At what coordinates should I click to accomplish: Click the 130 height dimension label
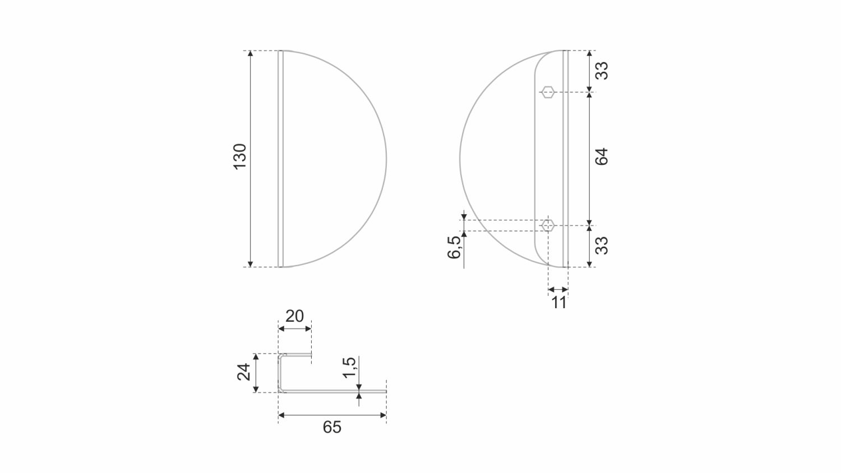click(x=240, y=156)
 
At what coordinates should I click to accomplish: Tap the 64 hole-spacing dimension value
click(x=602, y=156)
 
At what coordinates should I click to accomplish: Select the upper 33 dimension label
click(x=602, y=71)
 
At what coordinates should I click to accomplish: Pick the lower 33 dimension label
click(x=602, y=245)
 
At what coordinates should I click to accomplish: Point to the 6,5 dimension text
click(x=454, y=247)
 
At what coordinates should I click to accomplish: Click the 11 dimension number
click(x=558, y=302)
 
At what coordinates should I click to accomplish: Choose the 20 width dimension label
click(x=294, y=316)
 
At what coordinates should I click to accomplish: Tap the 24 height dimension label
click(x=244, y=372)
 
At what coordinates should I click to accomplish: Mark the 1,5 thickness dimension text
click(x=349, y=368)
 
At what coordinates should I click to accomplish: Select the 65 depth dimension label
click(x=332, y=427)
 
